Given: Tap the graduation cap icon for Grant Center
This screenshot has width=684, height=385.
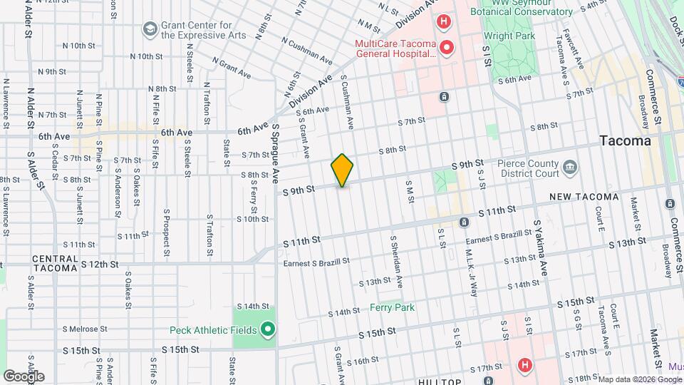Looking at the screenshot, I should coord(150,29).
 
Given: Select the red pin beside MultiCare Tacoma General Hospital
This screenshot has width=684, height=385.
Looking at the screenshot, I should coord(447,48).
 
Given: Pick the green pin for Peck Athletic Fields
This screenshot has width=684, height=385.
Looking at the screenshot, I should coord(267,329).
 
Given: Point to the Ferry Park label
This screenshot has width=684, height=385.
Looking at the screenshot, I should coord(392,307).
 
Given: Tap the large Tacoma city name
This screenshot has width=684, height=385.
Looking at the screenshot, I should coord(625,141).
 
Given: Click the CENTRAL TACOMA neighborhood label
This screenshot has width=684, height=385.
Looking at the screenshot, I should coord(56,263).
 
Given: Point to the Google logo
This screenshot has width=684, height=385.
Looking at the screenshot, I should coord(24,376).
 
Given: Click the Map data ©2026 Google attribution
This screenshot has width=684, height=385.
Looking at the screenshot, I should coord(639,379).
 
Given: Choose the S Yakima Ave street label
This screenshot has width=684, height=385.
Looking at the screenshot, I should coord(541,246).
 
